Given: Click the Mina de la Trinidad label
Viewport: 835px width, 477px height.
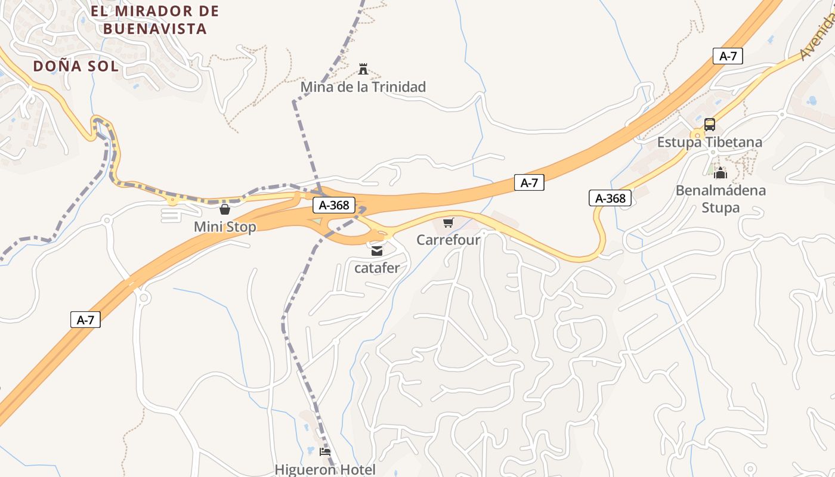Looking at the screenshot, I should click(363, 87).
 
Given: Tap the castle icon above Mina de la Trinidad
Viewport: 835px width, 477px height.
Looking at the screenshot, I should click(363, 69).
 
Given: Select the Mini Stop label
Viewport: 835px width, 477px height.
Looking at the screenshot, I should click(225, 227).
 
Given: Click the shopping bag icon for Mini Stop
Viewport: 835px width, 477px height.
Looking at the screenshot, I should click(225, 209).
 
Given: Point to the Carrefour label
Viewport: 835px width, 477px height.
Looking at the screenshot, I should click(448, 240).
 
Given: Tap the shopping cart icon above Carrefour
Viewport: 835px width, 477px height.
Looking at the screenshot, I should click(448, 222).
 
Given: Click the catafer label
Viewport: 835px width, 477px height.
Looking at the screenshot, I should click(377, 268).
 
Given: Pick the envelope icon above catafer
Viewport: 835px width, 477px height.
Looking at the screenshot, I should click(377, 251).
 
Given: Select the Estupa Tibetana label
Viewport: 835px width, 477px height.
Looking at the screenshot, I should click(709, 143).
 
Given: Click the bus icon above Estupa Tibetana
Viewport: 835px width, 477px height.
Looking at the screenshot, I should click(709, 125).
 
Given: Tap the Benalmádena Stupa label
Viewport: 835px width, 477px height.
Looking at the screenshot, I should click(720, 199).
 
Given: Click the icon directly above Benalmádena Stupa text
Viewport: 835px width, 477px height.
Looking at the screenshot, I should click(720, 174).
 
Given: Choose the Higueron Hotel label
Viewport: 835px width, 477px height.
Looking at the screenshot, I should click(325, 469).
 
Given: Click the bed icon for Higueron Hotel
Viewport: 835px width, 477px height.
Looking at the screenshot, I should click(325, 451).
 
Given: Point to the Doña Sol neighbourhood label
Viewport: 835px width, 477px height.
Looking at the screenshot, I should click(76, 66).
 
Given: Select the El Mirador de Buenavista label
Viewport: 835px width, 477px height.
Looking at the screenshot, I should click(155, 20).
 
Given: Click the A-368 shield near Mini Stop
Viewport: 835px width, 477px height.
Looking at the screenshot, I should click(334, 206).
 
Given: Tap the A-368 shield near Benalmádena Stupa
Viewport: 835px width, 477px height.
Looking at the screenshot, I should click(610, 198).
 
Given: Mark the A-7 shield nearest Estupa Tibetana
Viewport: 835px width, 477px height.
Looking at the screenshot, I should click(728, 57).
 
